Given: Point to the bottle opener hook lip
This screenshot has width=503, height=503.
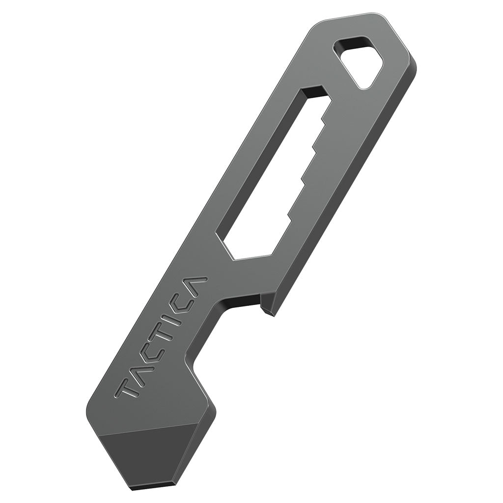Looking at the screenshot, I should coord(268,307).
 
